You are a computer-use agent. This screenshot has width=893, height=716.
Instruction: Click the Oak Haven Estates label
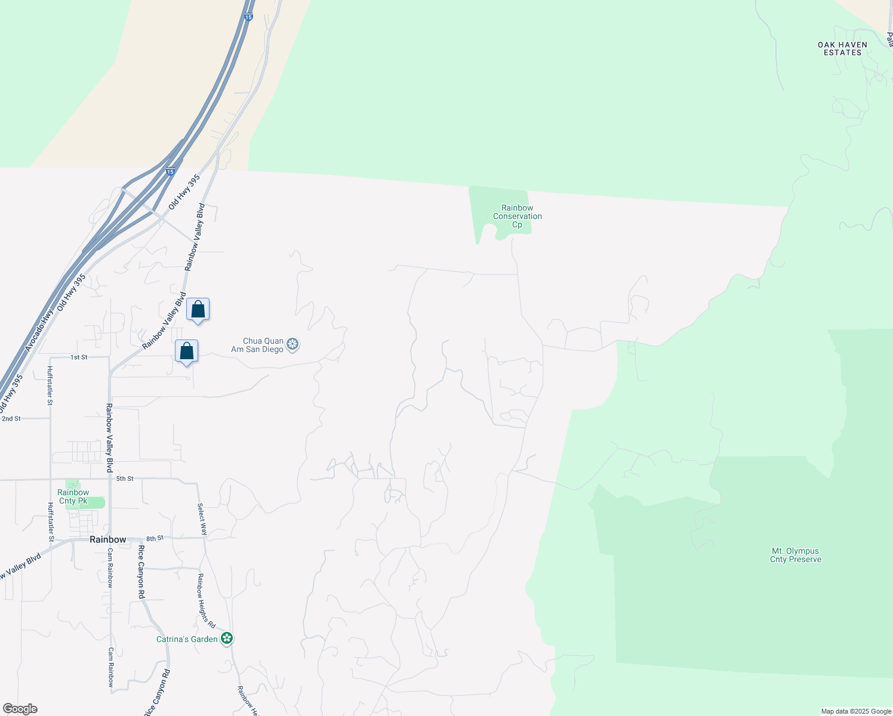coord(842,48)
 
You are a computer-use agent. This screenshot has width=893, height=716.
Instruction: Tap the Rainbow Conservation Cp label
coord(517,216)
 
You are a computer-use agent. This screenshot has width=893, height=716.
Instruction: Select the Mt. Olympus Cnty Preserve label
coord(796,555)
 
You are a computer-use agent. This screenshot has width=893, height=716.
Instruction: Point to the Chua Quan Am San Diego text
coord(257,345)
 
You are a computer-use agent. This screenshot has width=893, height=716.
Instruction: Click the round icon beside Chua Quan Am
coord(292,344)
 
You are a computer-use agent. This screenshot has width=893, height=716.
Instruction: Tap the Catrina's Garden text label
coord(187,639)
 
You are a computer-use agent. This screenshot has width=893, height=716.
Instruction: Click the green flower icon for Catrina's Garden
coord(227,639)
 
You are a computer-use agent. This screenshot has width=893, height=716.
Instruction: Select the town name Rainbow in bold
coord(108,539)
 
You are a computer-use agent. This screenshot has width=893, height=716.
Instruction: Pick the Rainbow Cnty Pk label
coord(73,496)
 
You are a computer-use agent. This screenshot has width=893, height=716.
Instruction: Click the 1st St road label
coord(79,357)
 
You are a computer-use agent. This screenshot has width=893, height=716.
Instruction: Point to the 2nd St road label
coord(11,418)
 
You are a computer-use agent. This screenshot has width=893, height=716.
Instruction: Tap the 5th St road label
coord(125,479)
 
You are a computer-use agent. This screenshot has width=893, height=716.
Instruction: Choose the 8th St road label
coord(155,538)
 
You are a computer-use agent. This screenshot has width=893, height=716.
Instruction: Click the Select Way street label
coord(202,519)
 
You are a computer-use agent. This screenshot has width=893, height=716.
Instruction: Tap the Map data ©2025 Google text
coord(856,711)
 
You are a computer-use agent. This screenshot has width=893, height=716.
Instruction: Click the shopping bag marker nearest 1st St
coord(186,352)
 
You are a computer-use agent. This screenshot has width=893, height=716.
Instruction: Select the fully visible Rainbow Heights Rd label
coord(206,600)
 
